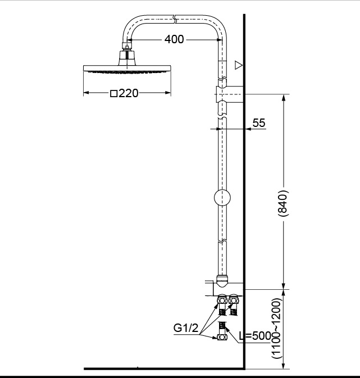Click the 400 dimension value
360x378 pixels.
(x=174, y=39)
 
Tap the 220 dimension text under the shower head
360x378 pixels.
(x=129, y=94)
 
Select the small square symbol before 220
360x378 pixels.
(x=114, y=94)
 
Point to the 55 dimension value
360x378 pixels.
(x=259, y=123)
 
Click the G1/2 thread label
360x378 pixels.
(x=186, y=329)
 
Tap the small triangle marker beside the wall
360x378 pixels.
(x=239, y=66)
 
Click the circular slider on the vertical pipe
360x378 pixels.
(x=222, y=199)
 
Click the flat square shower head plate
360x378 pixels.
(x=127, y=69)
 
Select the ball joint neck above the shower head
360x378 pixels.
(x=127, y=56)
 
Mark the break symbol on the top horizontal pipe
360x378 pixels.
(x=175, y=20)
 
